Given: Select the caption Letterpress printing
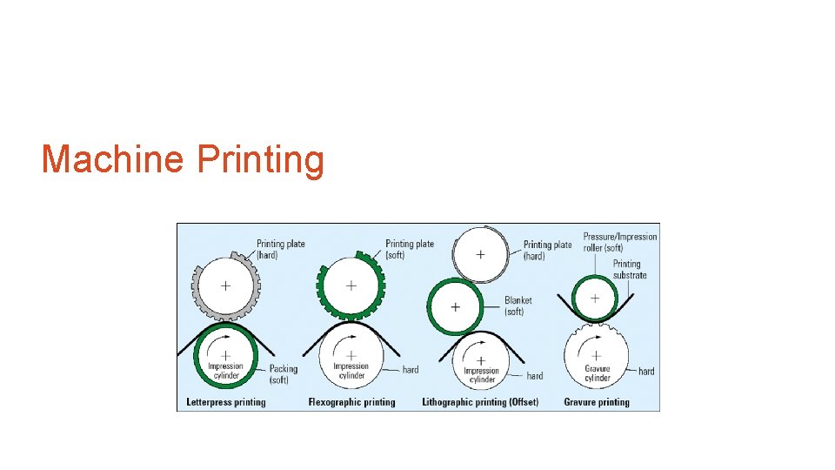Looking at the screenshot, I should point(226,402).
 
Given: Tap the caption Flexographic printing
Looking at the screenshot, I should point(351,402).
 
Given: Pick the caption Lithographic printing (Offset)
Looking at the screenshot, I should point(480,402).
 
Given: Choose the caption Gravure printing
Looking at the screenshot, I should point(597,402).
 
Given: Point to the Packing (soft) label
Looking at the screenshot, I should point(284,374).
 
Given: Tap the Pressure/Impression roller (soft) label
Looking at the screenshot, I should point(620,242).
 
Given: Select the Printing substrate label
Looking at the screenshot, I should point(630,269).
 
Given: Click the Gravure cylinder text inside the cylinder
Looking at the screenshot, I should point(598,373).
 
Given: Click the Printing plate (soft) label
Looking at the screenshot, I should point(410,250).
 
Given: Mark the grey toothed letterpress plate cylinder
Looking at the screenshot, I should point(225,285).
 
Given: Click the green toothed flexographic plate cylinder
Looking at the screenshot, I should point(351,285).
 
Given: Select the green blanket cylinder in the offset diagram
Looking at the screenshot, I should point(455,307).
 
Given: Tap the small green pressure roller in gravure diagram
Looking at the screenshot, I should point(595,298).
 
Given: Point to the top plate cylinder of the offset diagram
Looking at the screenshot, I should point(480,254).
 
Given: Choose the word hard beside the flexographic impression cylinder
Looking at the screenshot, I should point(411,370).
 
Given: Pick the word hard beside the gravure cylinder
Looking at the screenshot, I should point(646,372).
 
